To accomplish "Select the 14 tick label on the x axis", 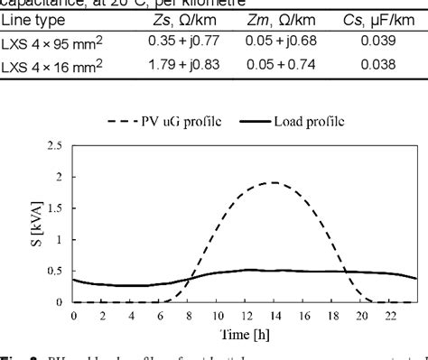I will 247,315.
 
